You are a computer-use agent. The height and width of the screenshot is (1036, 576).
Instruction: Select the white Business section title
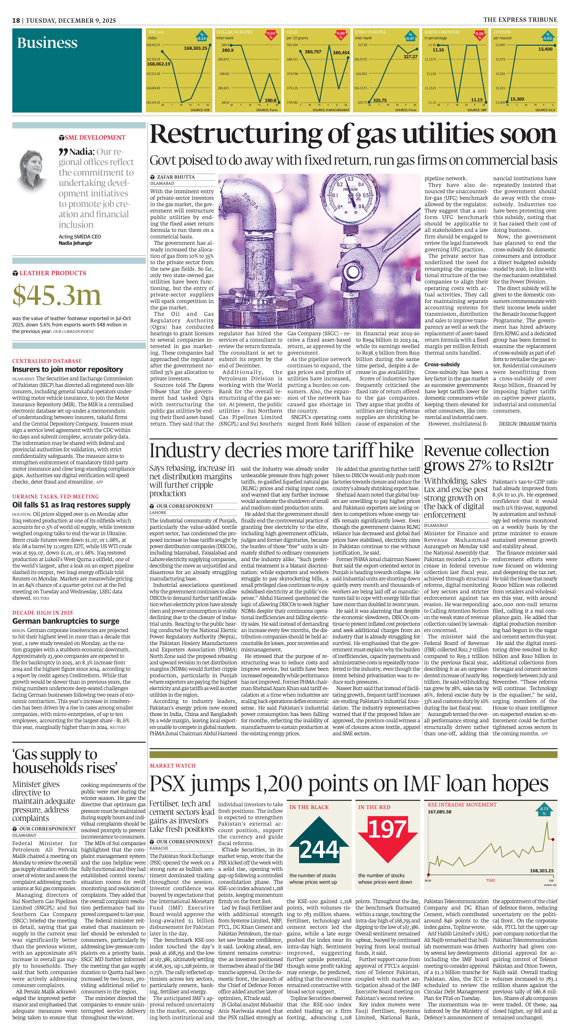(47, 43)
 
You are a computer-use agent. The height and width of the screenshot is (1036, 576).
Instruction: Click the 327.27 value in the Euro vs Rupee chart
(410, 57)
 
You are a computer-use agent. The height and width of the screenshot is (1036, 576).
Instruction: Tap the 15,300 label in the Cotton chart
(517, 99)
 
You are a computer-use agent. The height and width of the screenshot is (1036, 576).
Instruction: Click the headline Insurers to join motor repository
(68, 369)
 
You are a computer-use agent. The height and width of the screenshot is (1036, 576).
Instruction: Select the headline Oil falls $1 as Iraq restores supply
(71, 505)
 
